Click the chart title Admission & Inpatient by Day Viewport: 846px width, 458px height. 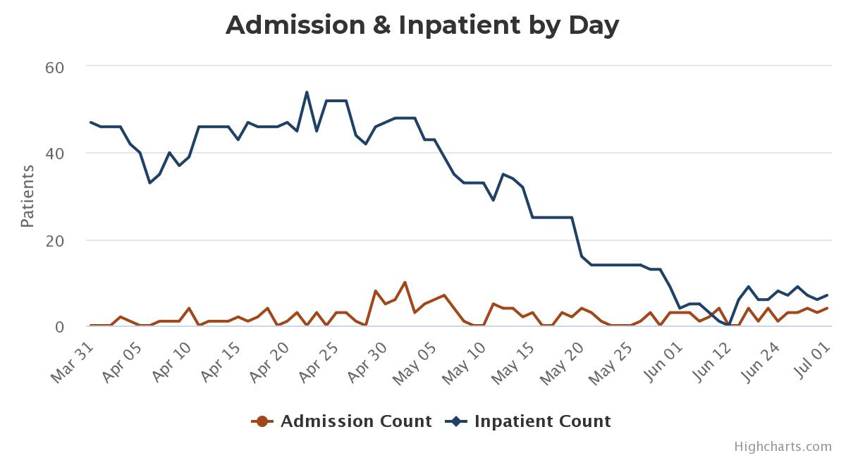point(422,25)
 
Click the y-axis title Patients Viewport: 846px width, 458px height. point(27,196)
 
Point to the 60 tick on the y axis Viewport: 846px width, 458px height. point(55,68)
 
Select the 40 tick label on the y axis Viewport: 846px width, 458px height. point(55,154)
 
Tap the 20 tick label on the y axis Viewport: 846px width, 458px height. point(55,241)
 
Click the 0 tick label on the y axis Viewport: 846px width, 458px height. point(60,328)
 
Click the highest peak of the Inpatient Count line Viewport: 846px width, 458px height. point(307,92)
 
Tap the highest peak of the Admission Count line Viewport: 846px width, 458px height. point(405,283)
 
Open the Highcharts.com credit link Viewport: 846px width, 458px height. point(783,446)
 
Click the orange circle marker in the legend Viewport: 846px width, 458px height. point(262,421)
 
